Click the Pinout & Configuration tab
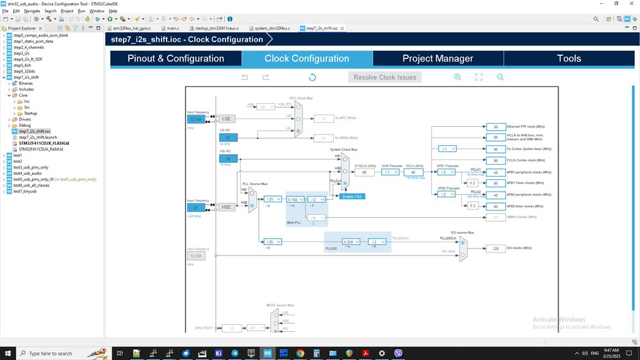pyautogui.click(x=176, y=58)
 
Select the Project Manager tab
pyautogui.click(x=438, y=58)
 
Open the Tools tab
pyautogui.click(x=568, y=58)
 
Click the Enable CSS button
pyautogui.click(x=352, y=196)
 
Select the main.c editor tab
pyautogui.click(x=172, y=28)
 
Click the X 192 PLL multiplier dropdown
pyautogui.click(x=295, y=199)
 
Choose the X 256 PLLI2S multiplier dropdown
pyautogui.click(x=351, y=241)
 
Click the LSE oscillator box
pyautogui.click(x=227, y=119)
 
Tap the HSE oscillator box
pyautogui.click(x=226, y=207)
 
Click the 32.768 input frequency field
pyautogui.click(x=195, y=119)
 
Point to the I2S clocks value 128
pyautogui.click(x=496, y=249)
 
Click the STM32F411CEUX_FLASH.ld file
pyautogui.click(x=44, y=143)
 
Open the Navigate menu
pyautogui.click(x=31, y=11)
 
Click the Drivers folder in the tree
pyautogui.click(x=24, y=119)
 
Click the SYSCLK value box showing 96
pyautogui.click(x=364, y=172)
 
